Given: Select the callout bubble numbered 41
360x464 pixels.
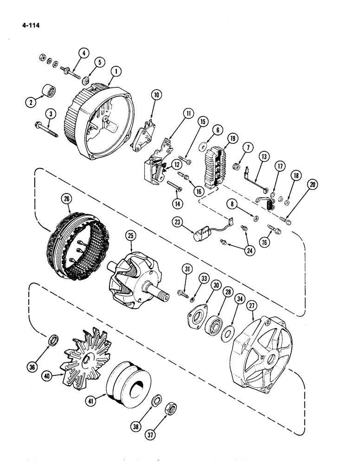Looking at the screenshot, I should click(92, 399).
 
